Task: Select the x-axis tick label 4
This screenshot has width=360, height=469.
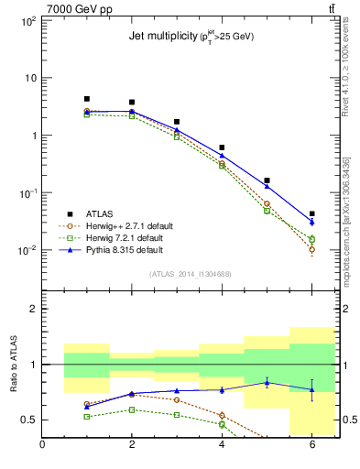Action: pyautogui.click(x=222, y=446)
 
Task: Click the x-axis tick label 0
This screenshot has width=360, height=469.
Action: pyautogui.click(x=42, y=446)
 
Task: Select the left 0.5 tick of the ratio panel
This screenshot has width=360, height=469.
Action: pyautogui.click(x=28, y=420)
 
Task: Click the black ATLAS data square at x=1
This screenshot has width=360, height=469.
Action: pyautogui.click(x=87, y=99)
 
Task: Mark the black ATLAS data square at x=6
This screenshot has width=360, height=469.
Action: pyautogui.click(x=311, y=213)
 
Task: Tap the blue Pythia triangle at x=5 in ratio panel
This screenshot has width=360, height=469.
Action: pyautogui.click(x=267, y=382)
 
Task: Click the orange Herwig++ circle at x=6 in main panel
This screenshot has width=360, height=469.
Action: pyautogui.click(x=311, y=249)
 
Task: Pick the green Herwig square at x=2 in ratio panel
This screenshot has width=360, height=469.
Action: pyautogui.click(x=132, y=409)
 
